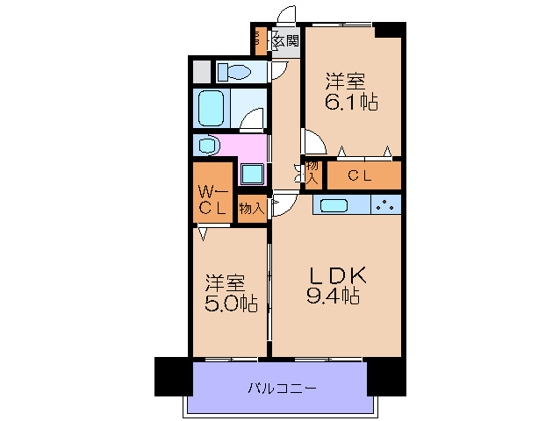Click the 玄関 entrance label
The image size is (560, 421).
[x=285, y=40]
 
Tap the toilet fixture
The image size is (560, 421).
[x=235, y=71]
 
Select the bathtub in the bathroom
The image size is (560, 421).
[x=212, y=108]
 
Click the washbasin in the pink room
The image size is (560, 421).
[x=208, y=145]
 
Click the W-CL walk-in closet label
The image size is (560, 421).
[x=212, y=200]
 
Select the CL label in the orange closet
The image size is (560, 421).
[x=360, y=175]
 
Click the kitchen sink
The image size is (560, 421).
[x=334, y=205]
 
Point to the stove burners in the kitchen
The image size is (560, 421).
[x=385, y=205]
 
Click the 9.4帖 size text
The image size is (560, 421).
[x=333, y=296]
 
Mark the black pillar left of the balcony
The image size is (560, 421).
[x=173, y=376]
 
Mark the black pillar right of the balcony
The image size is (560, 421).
[x=386, y=376]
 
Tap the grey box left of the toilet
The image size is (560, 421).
[x=201, y=71]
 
